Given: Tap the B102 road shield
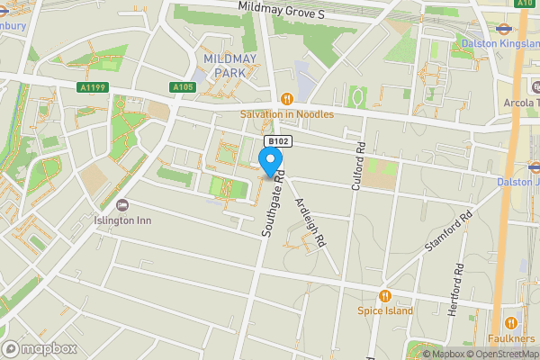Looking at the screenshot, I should pos(276,142).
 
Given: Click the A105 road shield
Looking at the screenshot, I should pos(183,87).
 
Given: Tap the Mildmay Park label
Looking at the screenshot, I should pos(230,65).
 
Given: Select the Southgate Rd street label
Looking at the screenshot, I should pos(274,205).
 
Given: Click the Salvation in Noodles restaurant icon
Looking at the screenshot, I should pos(286,99).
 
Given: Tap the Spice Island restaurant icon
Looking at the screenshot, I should pos(385,295).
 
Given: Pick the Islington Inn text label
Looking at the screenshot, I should pos(122,219).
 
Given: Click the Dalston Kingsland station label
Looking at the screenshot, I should pos(499,42).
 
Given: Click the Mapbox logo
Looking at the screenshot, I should pos(40,348).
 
